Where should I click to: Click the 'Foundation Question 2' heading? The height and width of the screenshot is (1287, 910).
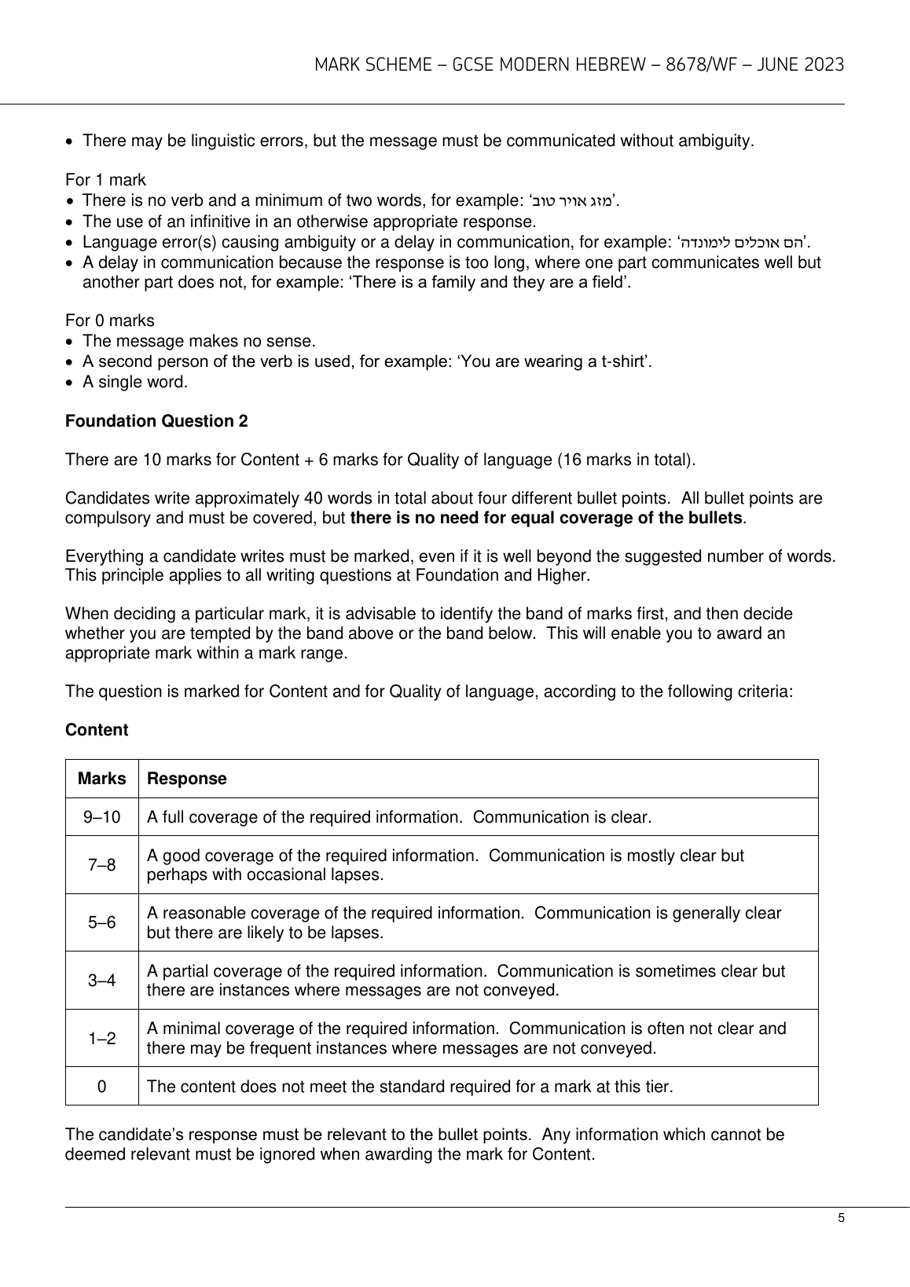[156, 421]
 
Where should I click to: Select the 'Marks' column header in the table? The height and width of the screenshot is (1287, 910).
[102, 779]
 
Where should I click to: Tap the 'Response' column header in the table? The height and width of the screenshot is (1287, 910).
[187, 779]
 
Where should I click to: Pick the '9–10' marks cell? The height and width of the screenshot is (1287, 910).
[102, 817]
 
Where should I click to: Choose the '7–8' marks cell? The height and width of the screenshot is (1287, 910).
[102, 865]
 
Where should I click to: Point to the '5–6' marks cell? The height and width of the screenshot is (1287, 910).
[102, 923]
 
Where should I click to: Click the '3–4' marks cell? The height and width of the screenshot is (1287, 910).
[102, 981]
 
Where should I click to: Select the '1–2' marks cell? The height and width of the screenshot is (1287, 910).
[102, 1039]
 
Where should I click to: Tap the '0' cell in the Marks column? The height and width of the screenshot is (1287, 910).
[102, 1087]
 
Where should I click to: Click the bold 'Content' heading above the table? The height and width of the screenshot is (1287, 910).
[97, 730]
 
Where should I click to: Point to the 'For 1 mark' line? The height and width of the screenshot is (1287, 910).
[105, 180]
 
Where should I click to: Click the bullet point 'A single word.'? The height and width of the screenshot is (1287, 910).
[135, 383]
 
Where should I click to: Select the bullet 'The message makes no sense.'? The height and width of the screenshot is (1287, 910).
[199, 341]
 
